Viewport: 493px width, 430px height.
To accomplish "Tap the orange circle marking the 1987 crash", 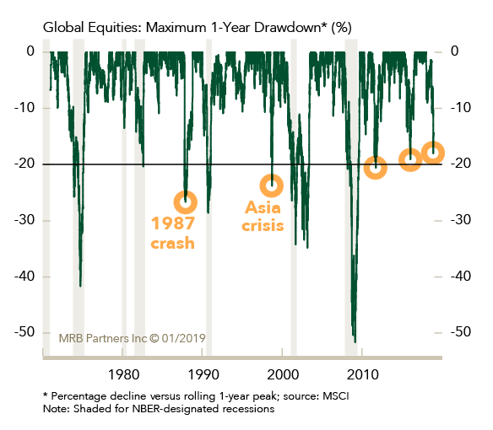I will pyautogui.click(x=186, y=202).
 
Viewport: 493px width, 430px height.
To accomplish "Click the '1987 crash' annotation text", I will pyautogui.click(x=173, y=233).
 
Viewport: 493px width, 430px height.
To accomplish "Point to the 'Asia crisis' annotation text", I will pyautogui.click(x=263, y=217).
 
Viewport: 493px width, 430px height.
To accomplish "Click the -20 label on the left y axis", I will pyautogui.click(x=24, y=164).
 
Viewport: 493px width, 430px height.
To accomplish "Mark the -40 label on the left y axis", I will pyautogui.click(x=24, y=276).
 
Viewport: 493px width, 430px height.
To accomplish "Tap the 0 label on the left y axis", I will pyautogui.click(x=30, y=51).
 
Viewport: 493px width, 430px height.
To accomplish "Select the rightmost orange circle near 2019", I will pyautogui.click(x=433, y=153).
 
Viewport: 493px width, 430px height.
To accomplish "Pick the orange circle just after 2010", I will pyautogui.click(x=375, y=168).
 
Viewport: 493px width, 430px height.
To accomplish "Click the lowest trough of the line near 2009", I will pyautogui.click(x=355, y=341).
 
